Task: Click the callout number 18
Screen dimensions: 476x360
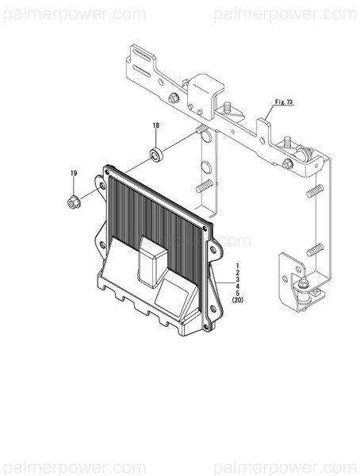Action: [156, 126]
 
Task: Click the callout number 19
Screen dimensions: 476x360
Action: [74, 174]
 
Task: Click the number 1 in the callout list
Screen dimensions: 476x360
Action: [237, 263]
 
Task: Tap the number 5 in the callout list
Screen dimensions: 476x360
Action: [237, 294]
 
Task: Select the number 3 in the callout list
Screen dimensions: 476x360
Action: [237, 278]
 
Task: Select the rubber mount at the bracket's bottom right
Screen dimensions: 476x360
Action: [303, 295]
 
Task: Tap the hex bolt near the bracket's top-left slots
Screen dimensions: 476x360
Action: [172, 98]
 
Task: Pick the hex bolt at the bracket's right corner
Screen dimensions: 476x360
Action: [287, 164]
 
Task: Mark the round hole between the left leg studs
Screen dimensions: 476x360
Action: [205, 167]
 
